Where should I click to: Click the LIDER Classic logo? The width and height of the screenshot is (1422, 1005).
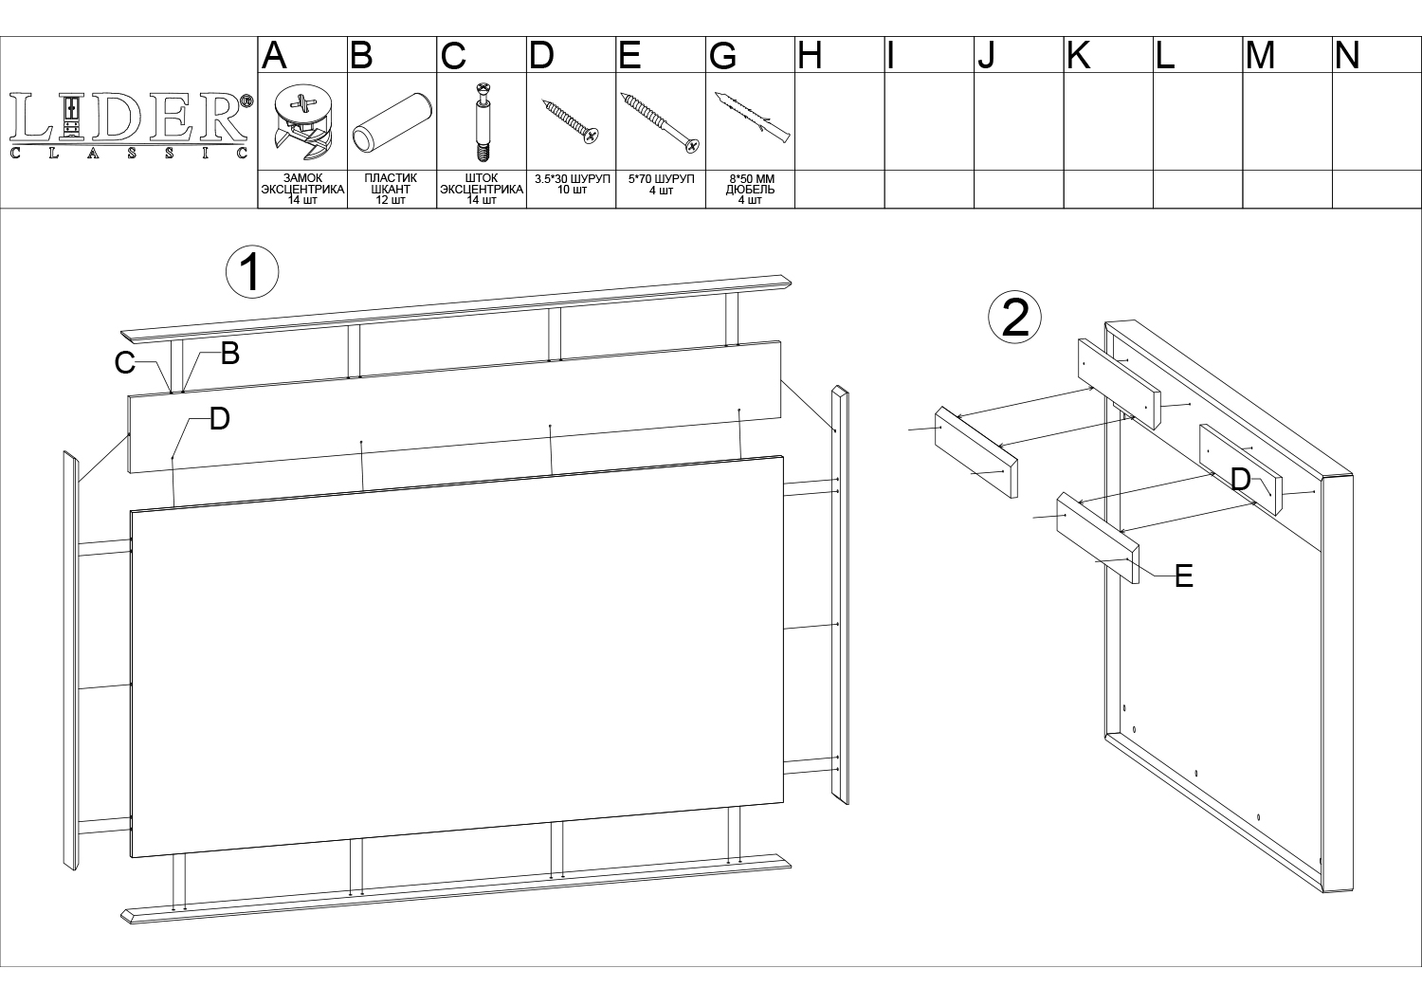(x=131, y=126)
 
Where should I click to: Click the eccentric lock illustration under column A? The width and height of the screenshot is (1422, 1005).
(x=302, y=122)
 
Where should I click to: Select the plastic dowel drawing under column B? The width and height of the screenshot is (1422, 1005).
(x=392, y=122)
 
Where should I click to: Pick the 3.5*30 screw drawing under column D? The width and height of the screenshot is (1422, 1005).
(x=571, y=121)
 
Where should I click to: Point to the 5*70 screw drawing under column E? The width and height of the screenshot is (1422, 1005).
(x=660, y=122)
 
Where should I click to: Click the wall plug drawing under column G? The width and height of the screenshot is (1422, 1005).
(x=753, y=118)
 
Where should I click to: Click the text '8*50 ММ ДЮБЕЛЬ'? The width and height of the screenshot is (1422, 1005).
(x=751, y=185)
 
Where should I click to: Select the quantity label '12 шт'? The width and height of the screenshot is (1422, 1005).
(x=391, y=201)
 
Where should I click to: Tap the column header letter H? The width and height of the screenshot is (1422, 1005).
(x=810, y=55)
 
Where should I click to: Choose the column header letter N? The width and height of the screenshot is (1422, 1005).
(x=1347, y=55)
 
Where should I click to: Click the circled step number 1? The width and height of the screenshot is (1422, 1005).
(x=252, y=272)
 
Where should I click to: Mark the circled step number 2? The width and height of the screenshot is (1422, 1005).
(x=1014, y=318)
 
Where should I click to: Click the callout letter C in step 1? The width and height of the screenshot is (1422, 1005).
(x=124, y=363)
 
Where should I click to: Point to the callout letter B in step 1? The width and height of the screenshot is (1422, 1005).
(x=229, y=354)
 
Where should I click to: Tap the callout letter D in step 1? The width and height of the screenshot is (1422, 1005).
(x=220, y=420)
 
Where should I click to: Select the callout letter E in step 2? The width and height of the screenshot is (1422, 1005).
(x=1184, y=576)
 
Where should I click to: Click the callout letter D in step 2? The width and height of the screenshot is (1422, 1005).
(x=1240, y=480)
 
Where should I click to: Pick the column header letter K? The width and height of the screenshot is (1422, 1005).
(x=1079, y=55)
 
